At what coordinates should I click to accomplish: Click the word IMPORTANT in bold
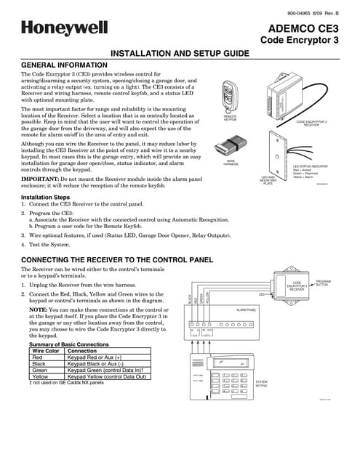tap(40, 178)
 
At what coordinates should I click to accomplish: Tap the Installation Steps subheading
tap(46, 198)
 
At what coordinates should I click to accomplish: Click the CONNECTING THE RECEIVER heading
tap(116, 259)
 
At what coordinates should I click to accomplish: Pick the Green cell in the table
tap(39, 370)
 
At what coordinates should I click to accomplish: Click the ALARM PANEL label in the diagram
tap(247, 310)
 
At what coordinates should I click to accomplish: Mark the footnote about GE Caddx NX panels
tap(62, 383)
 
